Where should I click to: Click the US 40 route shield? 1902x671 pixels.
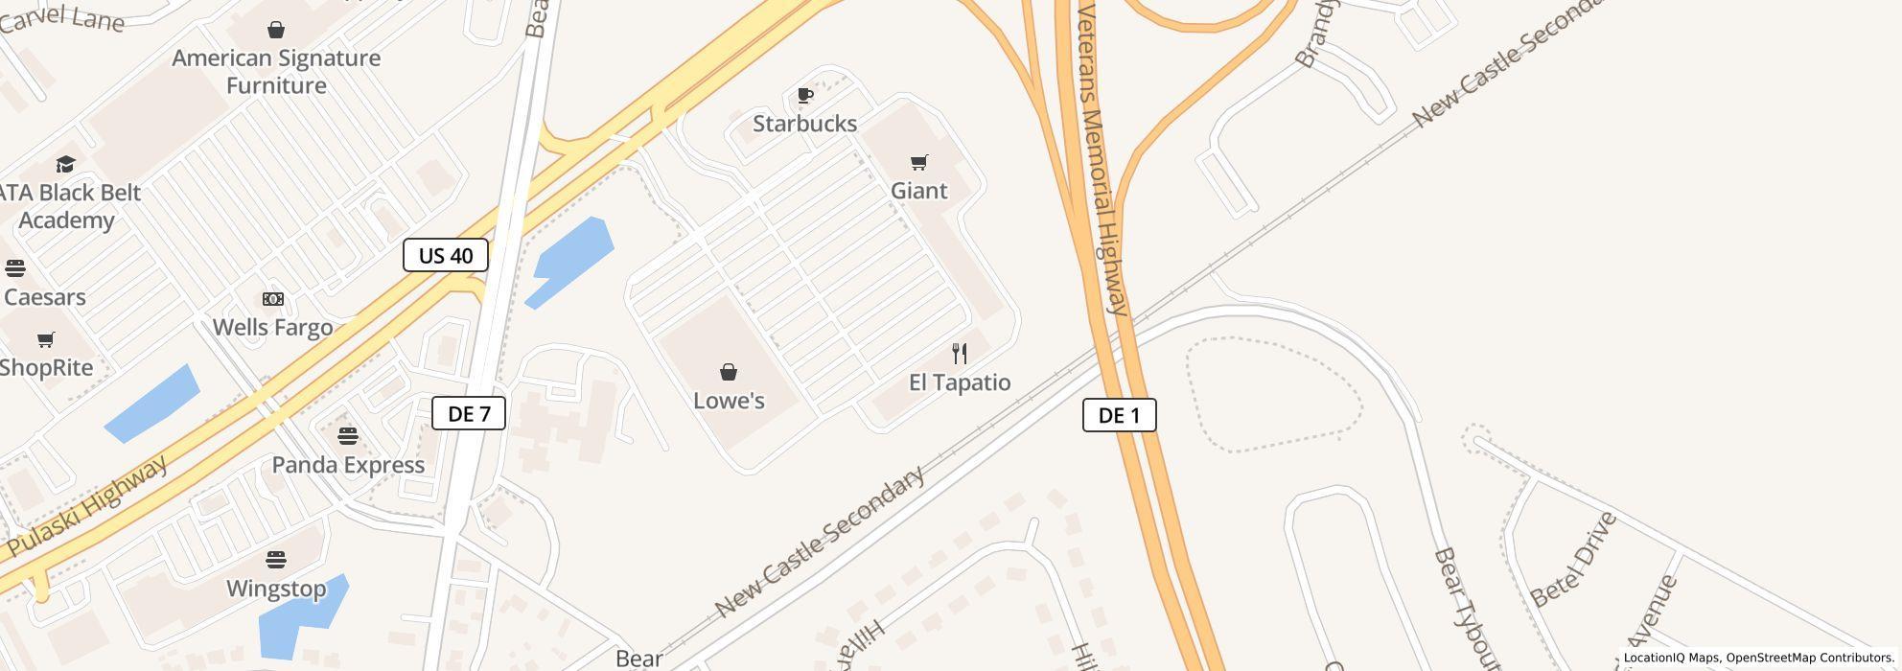coord(446,256)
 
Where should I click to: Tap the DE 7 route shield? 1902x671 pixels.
coord(469,413)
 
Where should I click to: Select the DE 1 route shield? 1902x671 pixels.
coord(1119,415)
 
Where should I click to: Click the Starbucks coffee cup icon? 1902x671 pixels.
coord(805,95)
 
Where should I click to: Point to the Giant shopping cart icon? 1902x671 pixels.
coord(919,162)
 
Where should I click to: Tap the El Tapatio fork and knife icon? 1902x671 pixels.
coord(959,354)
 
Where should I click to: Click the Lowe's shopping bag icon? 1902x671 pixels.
coord(729,372)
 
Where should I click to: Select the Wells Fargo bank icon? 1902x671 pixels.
coord(273,299)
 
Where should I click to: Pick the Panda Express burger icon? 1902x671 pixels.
coord(348,436)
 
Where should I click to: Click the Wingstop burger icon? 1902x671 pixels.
coord(276,559)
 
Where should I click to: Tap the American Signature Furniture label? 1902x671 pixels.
coord(276,72)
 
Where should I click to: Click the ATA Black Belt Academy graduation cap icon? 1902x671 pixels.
coord(65,164)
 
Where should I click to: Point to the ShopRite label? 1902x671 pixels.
coord(46,368)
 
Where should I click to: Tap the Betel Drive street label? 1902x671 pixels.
coord(1574,560)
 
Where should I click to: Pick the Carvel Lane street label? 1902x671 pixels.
coord(62,16)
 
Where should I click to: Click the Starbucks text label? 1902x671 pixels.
coord(804,124)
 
